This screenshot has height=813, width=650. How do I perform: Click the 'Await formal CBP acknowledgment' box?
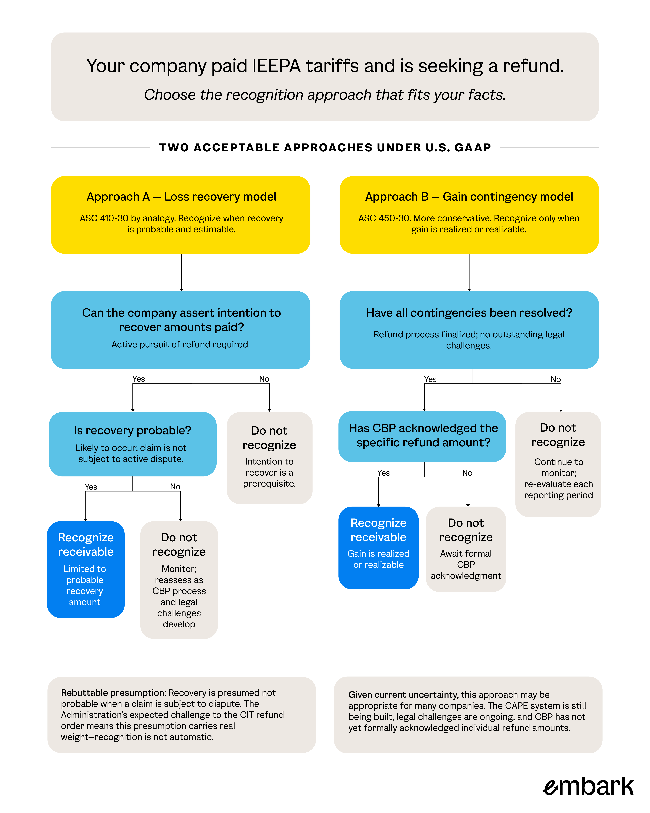[466, 549]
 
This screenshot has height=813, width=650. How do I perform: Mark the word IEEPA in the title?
[276, 66]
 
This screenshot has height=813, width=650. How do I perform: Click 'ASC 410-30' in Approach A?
[104, 218]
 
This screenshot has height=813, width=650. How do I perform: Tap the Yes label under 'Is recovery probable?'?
[91, 487]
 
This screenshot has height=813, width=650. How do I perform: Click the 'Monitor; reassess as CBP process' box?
[179, 580]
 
